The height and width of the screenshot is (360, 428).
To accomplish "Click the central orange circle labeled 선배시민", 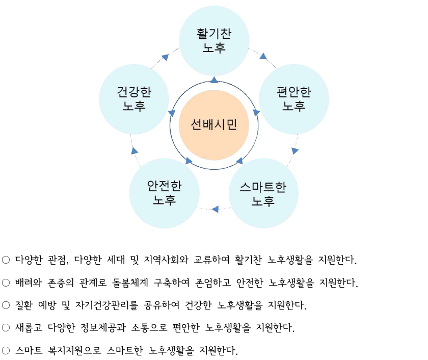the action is [x=213, y=125].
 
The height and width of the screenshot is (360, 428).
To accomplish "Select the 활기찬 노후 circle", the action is [x=214, y=41].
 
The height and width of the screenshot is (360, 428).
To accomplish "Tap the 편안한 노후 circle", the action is [x=293, y=99].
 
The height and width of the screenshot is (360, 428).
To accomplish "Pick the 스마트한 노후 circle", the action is [x=263, y=193].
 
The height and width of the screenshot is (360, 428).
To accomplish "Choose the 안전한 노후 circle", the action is [x=164, y=193].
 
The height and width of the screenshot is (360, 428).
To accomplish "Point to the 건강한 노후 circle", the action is [x=133, y=99].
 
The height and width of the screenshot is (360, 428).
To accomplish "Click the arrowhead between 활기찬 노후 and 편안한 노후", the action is [x=263, y=56].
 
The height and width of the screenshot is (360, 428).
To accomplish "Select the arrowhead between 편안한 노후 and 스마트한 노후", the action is [x=295, y=151].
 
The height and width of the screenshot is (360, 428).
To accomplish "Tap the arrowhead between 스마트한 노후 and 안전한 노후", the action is [x=215, y=209].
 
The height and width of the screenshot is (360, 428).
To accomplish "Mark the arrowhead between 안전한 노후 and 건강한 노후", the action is [x=135, y=151].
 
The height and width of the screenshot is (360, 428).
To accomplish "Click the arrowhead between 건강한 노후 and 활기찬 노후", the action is [x=165, y=57].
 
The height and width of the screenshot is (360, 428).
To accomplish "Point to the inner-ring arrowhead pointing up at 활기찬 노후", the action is [x=215, y=80].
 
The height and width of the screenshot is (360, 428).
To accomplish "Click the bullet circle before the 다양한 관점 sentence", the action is [x=6, y=260].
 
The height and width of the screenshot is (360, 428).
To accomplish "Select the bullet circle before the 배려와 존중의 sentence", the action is [x=6, y=282].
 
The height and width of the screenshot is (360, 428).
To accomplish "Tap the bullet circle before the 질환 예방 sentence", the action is [x=6, y=305].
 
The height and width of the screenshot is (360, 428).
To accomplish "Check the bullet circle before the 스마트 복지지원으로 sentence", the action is [x=6, y=350].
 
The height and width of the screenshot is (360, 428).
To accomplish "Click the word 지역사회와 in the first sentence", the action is [x=166, y=260].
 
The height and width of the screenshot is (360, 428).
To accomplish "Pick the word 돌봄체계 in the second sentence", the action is [x=130, y=282].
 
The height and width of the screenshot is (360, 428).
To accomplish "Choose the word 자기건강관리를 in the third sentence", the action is [x=106, y=305].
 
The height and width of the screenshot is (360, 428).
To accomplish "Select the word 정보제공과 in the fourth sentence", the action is [x=103, y=327].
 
